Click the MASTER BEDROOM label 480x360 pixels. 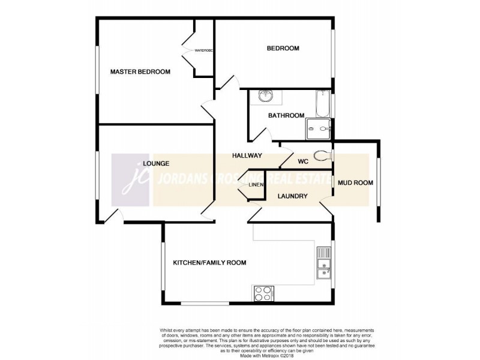click(x=140, y=71)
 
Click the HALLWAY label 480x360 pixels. click(x=247, y=155)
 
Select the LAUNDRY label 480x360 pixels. click(x=293, y=196)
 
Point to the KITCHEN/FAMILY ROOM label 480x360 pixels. click(x=209, y=263)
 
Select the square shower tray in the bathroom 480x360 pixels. click(x=319, y=128)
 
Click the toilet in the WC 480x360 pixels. click(x=324, y=155)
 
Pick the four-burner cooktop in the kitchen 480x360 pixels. click(x=263, y=292)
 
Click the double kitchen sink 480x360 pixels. click(x=323, y=265)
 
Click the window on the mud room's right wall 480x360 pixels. click(x=377, y=181)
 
